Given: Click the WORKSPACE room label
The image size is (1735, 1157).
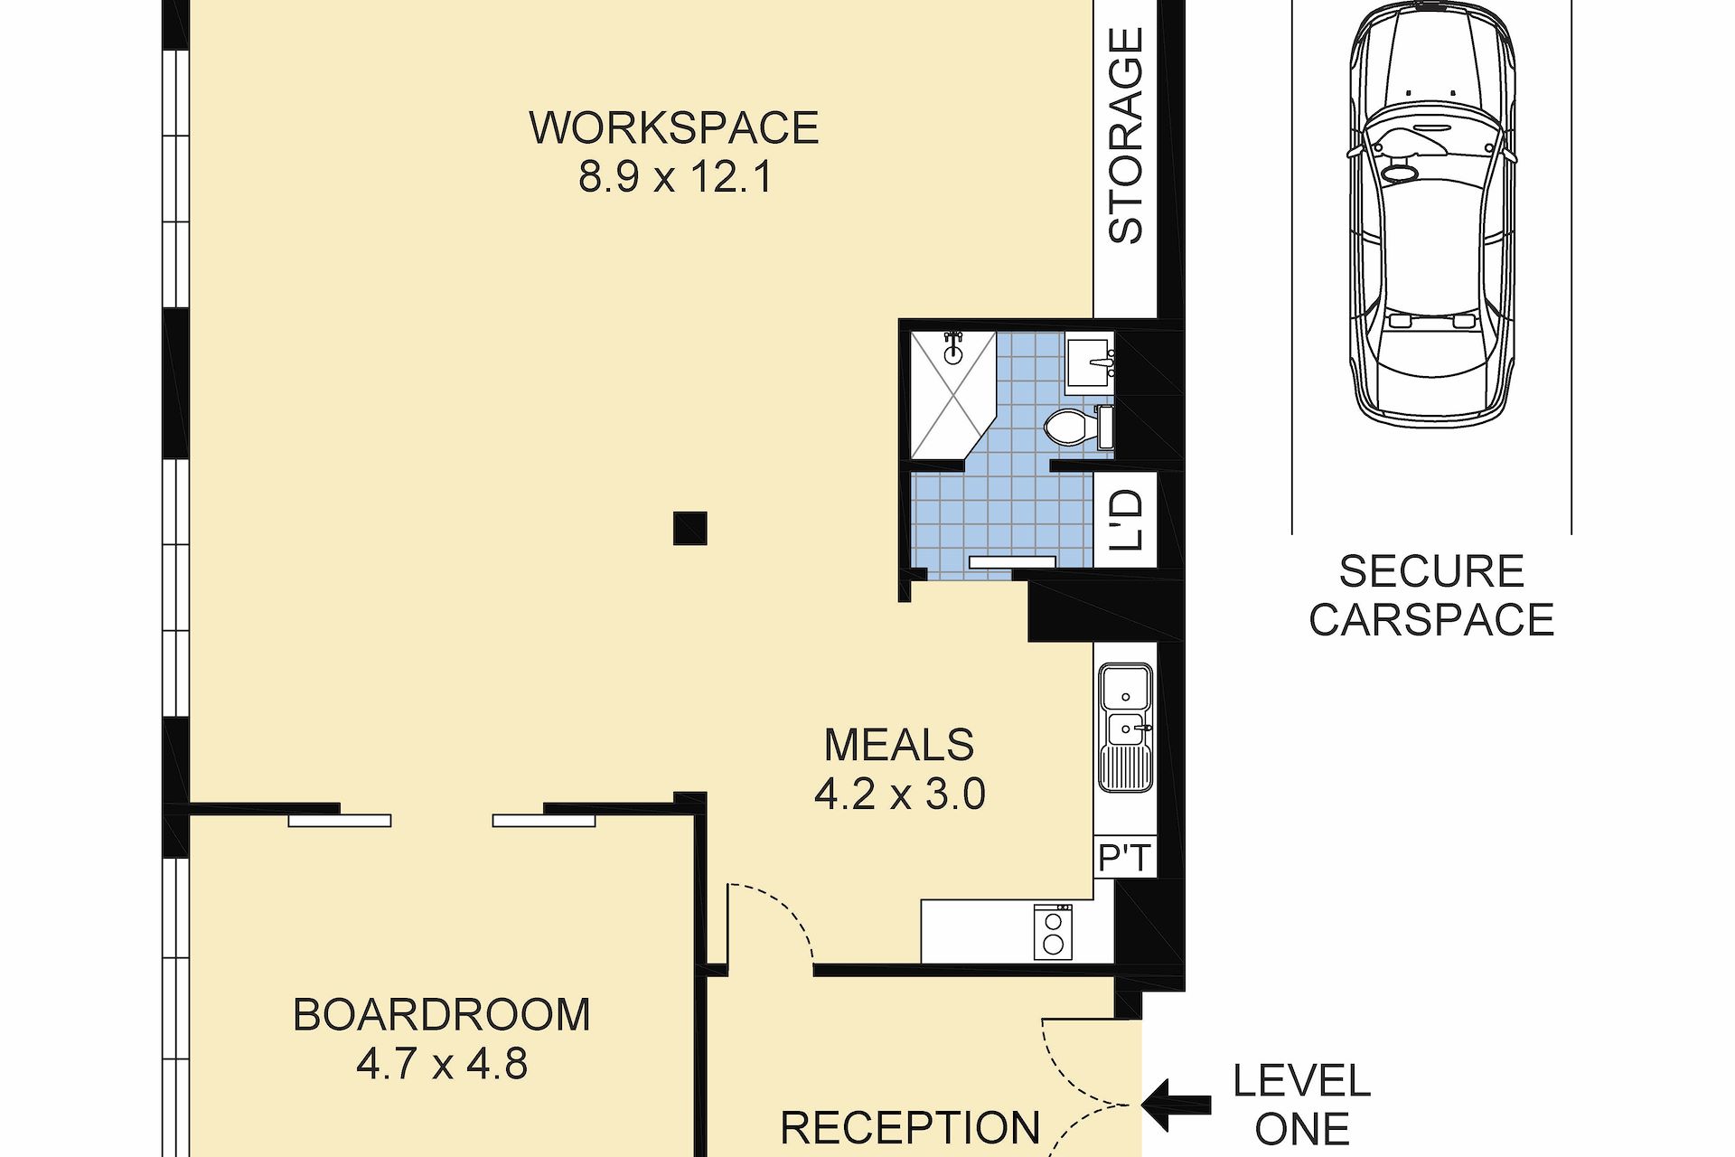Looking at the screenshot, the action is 673,127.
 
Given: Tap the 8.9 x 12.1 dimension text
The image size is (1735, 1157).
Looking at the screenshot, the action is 676,176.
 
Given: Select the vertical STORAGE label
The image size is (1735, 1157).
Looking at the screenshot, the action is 1126,136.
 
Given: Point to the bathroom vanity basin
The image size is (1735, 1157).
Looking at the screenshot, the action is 1090,362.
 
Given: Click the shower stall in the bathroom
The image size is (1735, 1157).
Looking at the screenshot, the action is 952,395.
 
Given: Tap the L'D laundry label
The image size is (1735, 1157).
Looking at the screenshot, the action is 1126,521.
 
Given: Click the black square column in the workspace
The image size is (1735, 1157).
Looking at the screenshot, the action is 689,528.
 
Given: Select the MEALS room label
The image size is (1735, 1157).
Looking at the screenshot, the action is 899,746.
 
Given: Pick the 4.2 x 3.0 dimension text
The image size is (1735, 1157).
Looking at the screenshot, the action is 900,795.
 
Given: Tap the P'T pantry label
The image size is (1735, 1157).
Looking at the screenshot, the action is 1126,857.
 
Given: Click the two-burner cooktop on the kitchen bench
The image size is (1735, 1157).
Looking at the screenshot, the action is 1053,933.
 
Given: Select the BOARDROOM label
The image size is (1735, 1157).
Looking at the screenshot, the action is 442,1015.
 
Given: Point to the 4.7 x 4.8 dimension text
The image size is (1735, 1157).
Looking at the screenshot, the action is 442,1064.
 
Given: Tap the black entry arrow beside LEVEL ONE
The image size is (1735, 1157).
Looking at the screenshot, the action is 1176,1105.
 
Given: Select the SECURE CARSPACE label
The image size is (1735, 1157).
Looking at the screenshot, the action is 1431,596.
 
